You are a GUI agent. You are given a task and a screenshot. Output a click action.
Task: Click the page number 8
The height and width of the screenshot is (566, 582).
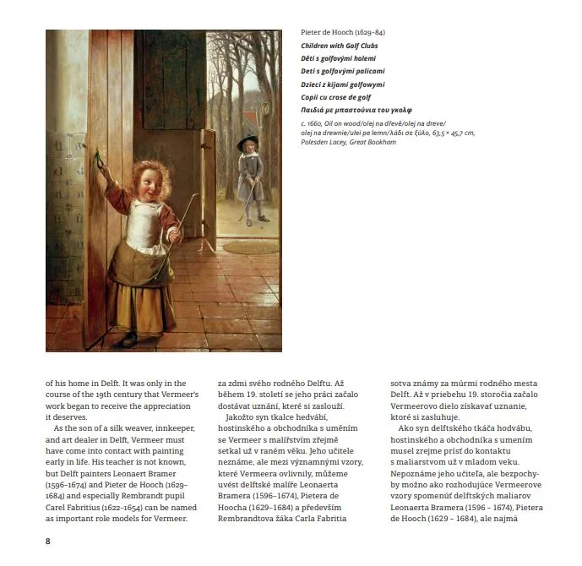coord(47,540)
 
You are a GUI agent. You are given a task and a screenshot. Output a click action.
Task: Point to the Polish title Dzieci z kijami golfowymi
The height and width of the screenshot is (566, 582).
coord(342,84)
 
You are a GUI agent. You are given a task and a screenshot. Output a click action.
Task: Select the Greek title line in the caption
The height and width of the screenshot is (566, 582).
coord(356,110)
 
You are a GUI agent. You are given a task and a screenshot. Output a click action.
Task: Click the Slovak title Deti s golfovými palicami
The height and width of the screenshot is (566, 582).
coord(343,71)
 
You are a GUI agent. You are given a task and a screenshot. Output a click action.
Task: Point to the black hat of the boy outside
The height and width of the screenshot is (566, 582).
coord(247,140)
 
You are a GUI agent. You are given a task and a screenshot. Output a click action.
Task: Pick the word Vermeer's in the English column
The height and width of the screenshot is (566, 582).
coord(181,395)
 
